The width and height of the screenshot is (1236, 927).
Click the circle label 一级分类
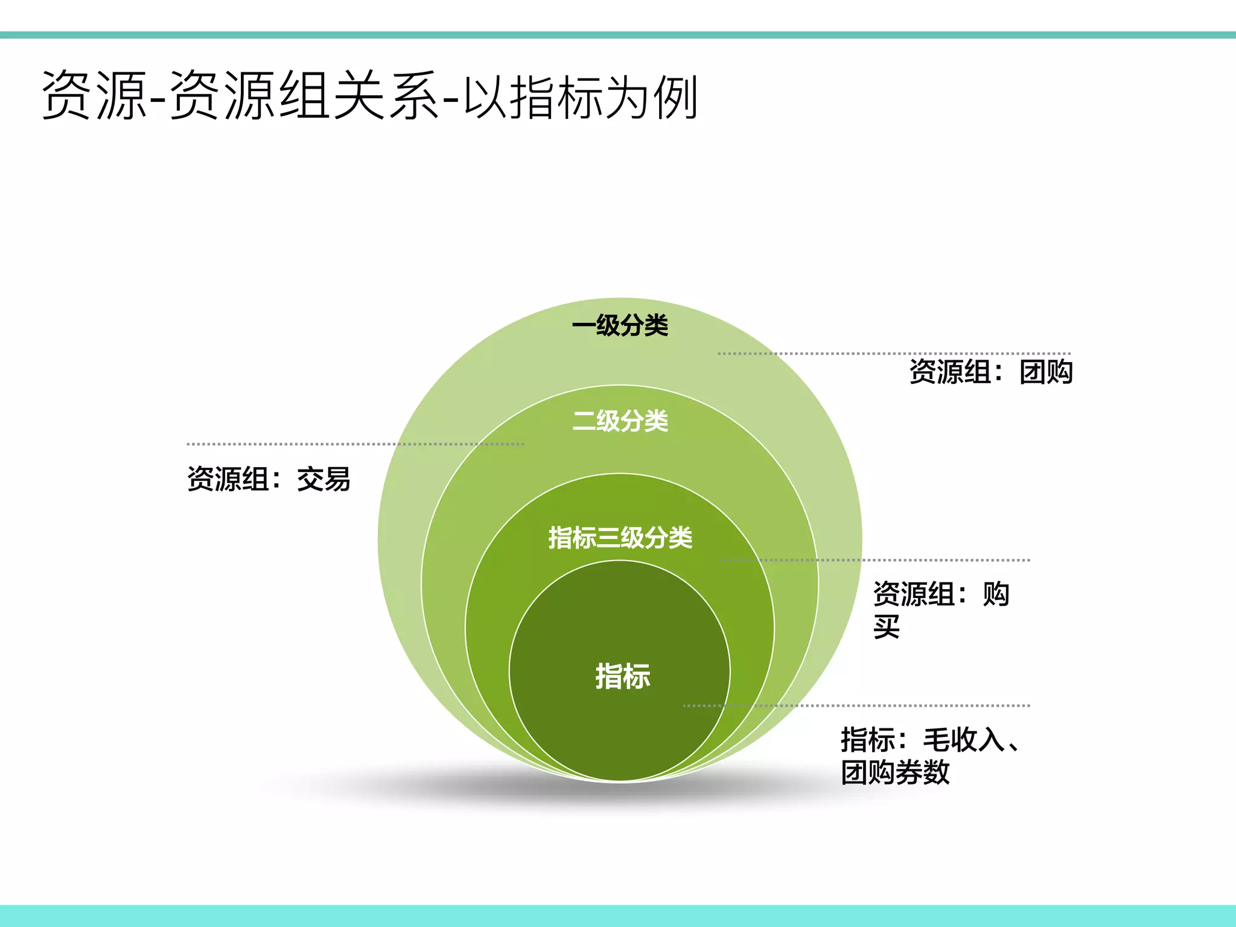pyautogui.click(x=620, y=326)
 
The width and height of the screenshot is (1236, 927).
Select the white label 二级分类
pyautogui.click(x=620, y=421)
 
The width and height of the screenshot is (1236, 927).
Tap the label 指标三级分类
pyautogui.click(x=620, y=537)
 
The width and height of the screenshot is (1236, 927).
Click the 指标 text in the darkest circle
pyautogui.click(x=622, y=676)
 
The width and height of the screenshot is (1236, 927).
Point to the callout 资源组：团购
pyautogui.click(x=990, y=372)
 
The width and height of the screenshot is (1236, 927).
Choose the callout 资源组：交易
pyautogui.click(x=269, y=479)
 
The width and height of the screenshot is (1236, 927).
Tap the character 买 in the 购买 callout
pyautogui.click(x=887, y=627)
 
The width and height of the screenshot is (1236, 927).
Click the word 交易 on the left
pyautogui.click(x=323, y=479)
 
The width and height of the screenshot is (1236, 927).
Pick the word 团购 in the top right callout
pyautogui.click(x=1046, y=372)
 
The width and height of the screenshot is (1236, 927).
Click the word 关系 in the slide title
pyautogui.click(x=386, y=96)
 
